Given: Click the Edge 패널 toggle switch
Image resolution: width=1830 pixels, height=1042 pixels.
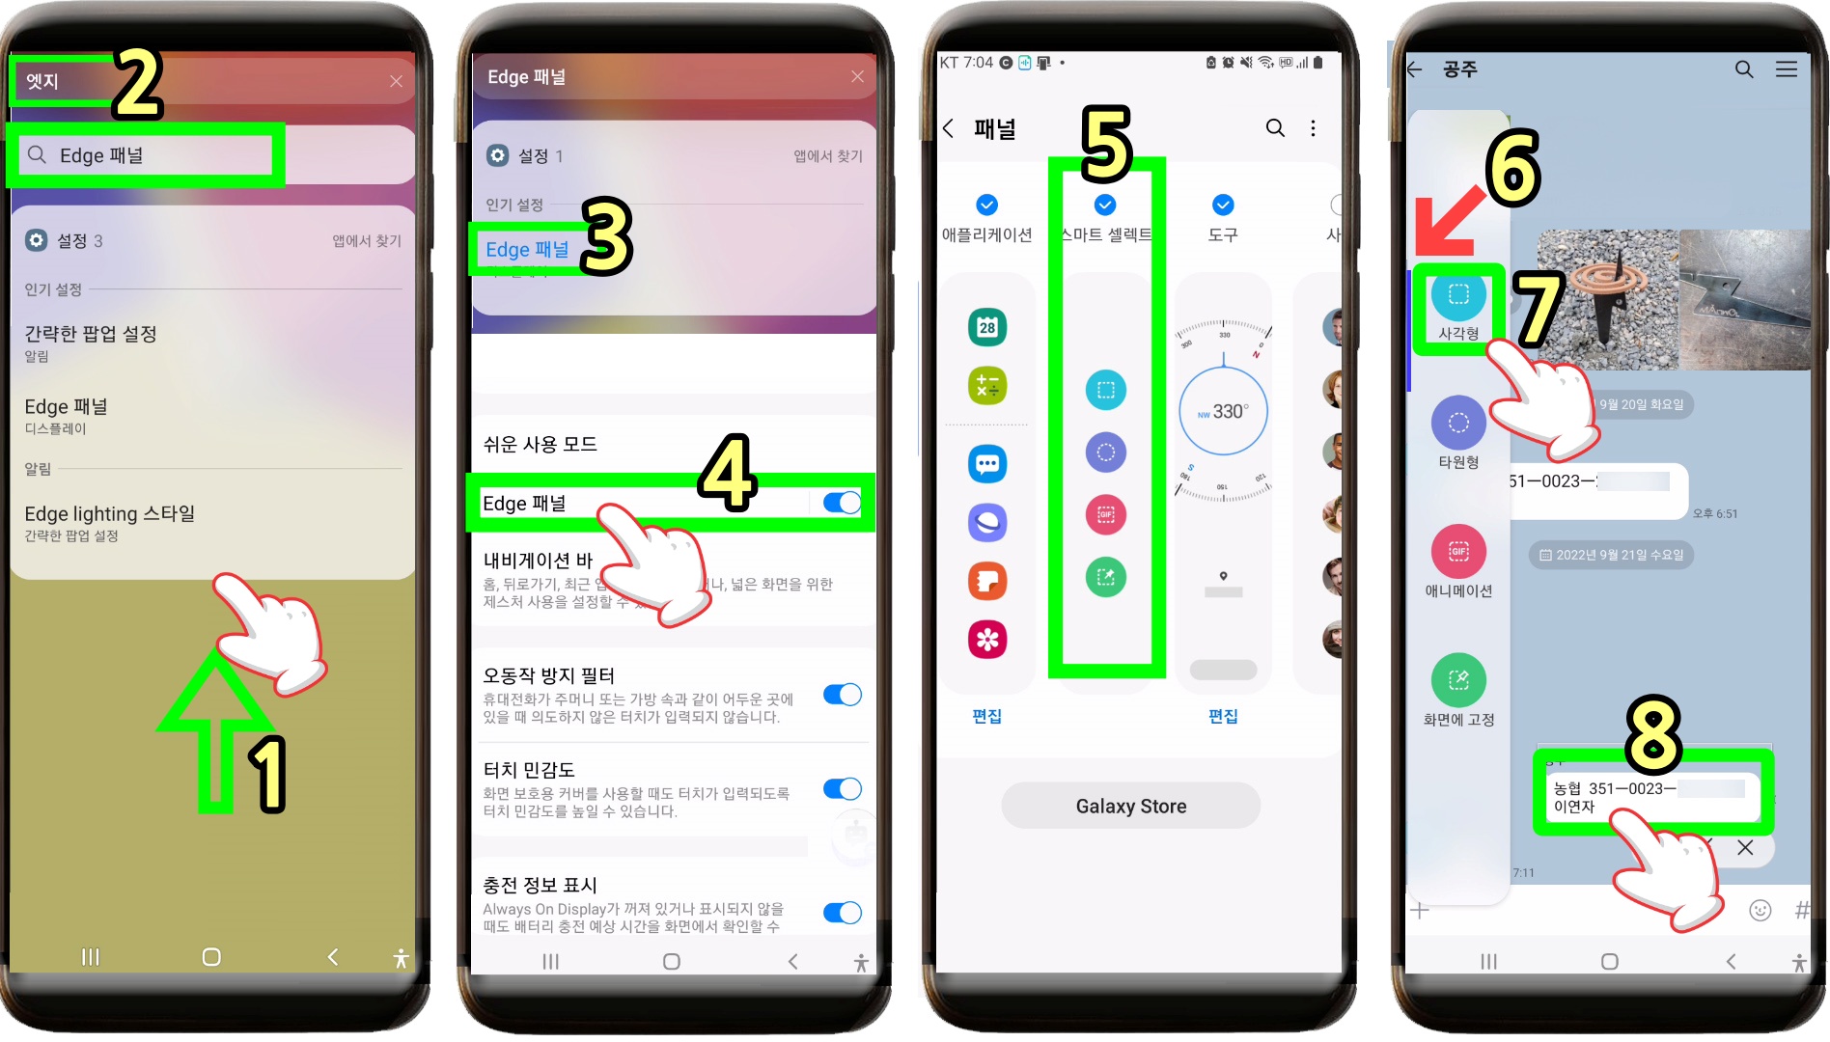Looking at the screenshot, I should coord(842,503).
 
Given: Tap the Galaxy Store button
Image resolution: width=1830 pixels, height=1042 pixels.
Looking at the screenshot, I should coord(1130,806).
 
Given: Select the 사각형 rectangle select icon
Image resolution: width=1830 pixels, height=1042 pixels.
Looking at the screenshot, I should coord(1458,295).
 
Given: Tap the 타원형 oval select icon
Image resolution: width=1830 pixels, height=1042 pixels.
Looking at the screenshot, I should coord(1458,423).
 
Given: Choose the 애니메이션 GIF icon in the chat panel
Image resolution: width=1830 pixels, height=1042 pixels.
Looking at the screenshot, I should coord(1458,552).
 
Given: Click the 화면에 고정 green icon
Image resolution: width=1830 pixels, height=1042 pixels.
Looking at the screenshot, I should coord(1458,680).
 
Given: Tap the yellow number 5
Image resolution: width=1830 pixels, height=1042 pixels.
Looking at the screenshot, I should coord(1106,145).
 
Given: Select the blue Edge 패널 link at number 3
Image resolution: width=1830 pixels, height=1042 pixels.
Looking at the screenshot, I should coord(527,249).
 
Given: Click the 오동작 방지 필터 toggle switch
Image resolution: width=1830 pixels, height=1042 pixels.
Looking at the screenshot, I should coord(842,695).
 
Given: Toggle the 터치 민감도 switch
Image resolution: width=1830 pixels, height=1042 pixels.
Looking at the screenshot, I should coord(842,789).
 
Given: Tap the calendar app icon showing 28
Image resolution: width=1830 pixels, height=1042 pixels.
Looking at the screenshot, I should coord(986,327).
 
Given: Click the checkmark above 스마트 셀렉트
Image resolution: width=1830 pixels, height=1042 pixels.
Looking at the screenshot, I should coord(1105,205).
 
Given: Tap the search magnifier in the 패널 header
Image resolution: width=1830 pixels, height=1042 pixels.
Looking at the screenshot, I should coord(1275,128).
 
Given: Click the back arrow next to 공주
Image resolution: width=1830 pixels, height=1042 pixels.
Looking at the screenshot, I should coord(1415,69).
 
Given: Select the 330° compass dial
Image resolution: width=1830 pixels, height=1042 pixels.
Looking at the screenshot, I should coord(1223,412).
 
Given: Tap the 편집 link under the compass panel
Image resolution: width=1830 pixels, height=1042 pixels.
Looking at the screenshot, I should coord(1223,716).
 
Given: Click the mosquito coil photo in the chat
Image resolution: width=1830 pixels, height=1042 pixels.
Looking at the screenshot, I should coord(1607,299).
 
